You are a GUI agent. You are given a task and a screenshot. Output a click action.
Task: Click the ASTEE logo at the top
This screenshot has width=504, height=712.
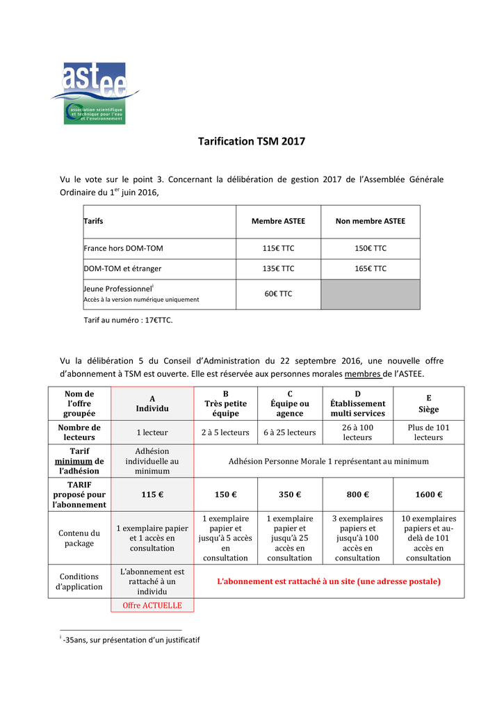[95, 93]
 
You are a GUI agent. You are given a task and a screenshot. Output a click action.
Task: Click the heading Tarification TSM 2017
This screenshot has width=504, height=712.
[252, 142]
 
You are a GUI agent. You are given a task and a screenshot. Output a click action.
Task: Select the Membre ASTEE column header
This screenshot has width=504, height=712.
[278, 221]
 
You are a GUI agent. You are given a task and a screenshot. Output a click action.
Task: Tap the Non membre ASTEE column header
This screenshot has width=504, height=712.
[370, 221]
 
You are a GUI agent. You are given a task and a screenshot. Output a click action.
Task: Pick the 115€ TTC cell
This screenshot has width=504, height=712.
[278, 248]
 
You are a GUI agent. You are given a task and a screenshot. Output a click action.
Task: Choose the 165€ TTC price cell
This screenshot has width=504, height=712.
[370, 268]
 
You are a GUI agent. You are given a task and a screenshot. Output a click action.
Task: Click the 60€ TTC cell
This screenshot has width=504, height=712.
[278, 294]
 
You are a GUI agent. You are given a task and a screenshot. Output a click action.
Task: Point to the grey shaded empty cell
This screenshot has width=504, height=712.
[370, 294]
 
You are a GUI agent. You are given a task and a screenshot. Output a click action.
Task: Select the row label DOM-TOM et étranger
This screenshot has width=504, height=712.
[117, 268]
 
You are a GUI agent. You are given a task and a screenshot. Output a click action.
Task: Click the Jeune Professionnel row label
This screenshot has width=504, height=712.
[119, 288]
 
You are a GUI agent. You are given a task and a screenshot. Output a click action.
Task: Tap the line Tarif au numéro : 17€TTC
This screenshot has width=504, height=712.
[128, 321]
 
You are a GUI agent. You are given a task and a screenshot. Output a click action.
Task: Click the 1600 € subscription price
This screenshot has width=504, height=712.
[429, 495]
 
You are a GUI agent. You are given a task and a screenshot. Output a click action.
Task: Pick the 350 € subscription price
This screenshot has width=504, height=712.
[289, 495]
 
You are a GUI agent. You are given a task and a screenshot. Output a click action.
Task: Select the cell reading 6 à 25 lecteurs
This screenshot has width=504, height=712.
[289, 432]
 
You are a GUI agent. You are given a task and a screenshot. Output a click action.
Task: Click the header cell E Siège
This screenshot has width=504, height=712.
[429, 404]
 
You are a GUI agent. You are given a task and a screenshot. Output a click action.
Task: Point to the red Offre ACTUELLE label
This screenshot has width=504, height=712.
[152, 606]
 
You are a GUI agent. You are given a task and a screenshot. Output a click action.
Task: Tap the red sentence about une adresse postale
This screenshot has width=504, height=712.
[329, 581]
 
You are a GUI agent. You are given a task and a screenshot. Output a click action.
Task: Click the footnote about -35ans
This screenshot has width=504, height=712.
[131, 640]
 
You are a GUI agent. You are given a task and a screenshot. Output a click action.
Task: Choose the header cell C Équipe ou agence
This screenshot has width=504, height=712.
[289, 404]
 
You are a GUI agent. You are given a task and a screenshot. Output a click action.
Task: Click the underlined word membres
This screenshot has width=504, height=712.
[363, 374]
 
